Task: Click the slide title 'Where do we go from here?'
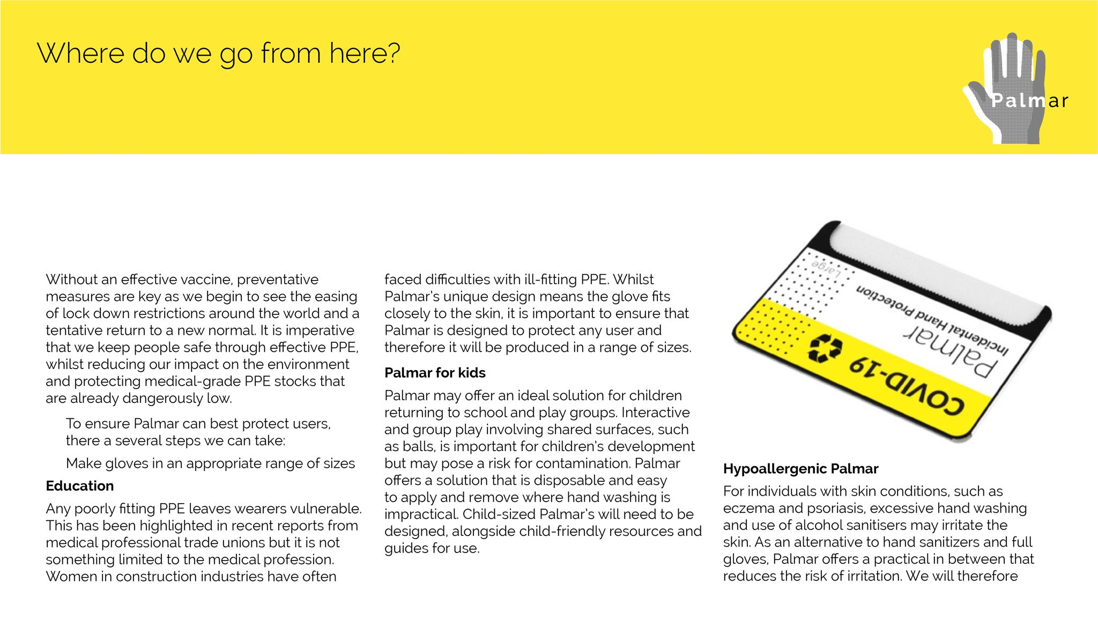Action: point(218,54)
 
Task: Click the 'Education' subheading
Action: point(80,486)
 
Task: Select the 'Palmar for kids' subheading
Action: point(435,373)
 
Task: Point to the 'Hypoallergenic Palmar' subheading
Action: point(800,469)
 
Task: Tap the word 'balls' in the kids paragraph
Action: point(418,446)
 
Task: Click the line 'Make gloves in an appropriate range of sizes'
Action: point(210,464)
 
